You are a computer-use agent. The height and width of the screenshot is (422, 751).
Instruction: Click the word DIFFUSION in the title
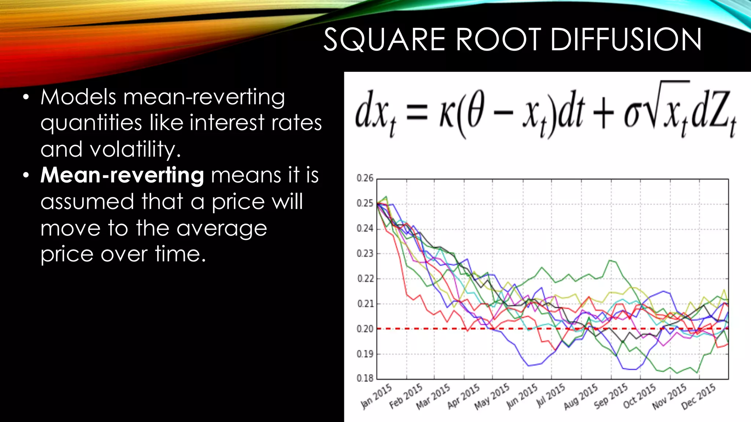(626, 40)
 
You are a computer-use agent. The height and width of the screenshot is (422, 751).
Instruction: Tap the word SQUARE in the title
(384, 40)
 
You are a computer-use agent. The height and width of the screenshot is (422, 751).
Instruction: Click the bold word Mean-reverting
(122, 175)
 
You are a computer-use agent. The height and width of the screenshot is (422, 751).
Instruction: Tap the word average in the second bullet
(221, 228)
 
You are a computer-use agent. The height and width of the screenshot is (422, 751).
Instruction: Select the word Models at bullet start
(78, 97)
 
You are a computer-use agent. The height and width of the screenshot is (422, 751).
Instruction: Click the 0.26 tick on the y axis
(365, 178)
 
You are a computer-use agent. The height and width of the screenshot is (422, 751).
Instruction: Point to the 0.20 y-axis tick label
(365, 329)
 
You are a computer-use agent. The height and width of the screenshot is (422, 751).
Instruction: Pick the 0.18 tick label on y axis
(365, 378)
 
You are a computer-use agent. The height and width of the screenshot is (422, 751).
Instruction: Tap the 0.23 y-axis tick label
(365, 253)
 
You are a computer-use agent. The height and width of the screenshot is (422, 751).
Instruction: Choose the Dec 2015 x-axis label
(699, 396)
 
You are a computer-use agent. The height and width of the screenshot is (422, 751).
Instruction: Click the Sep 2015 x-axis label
(611, 396)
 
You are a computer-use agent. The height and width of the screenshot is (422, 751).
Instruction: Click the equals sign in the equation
(417, 112)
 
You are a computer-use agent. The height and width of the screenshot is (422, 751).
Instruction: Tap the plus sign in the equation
(603, 112)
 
